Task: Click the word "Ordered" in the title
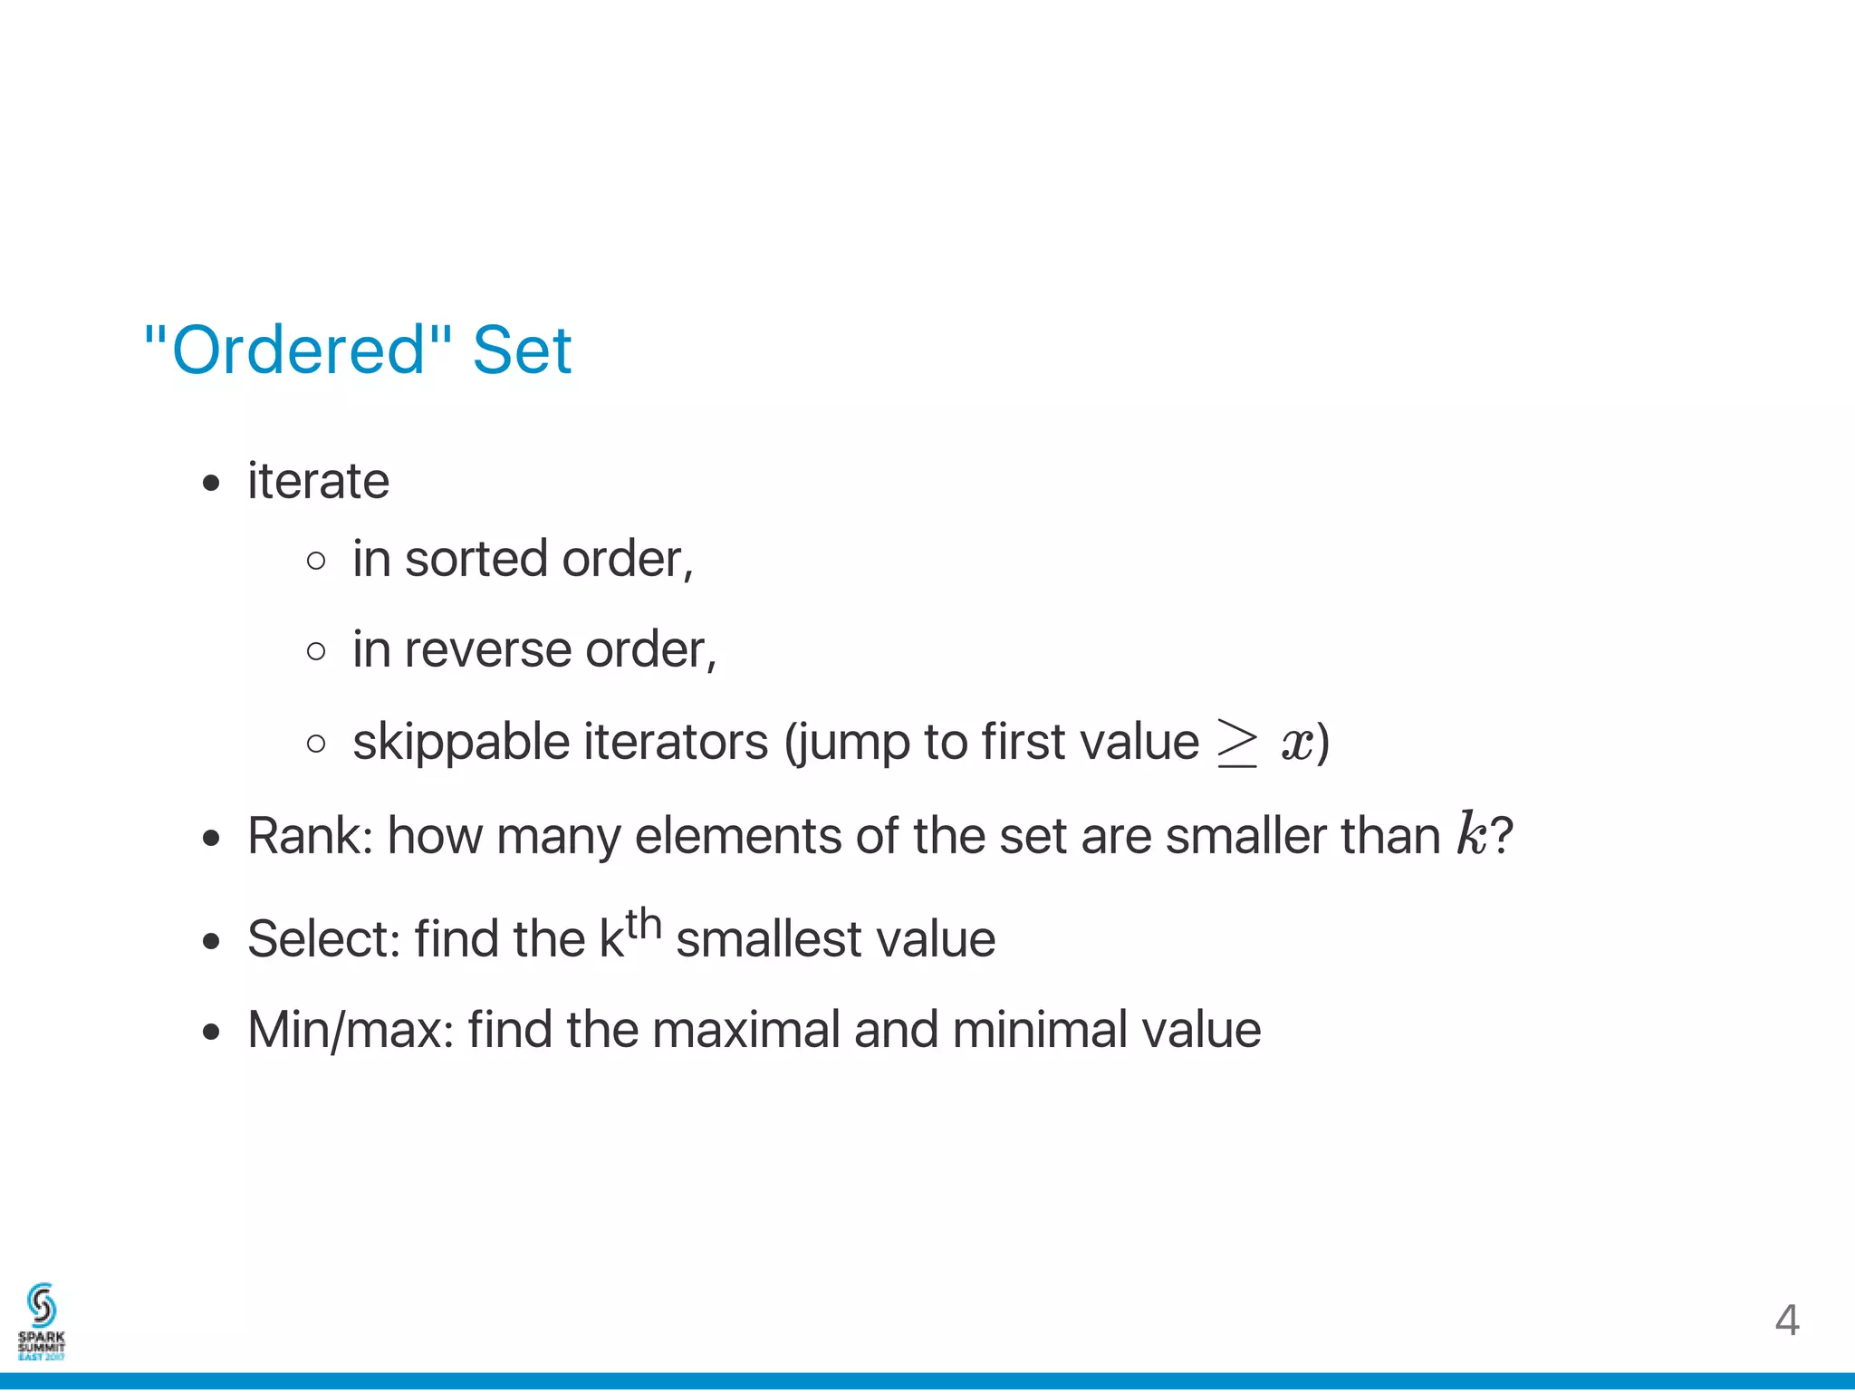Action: [298, 351]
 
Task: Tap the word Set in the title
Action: [522, 351]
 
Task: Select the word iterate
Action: [318, 480]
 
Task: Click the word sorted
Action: [476, 559]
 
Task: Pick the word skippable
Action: [461, 743]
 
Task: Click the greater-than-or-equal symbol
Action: [1237, 743]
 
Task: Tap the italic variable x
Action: [1296, 744]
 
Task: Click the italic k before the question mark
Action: [1472, 833]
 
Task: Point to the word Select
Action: [323, 938]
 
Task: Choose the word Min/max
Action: [350, 1030]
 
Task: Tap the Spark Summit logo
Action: [42, 1321]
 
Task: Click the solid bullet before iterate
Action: [211, 483]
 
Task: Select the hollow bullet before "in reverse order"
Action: [316, 651]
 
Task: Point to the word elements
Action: [738, 835]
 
